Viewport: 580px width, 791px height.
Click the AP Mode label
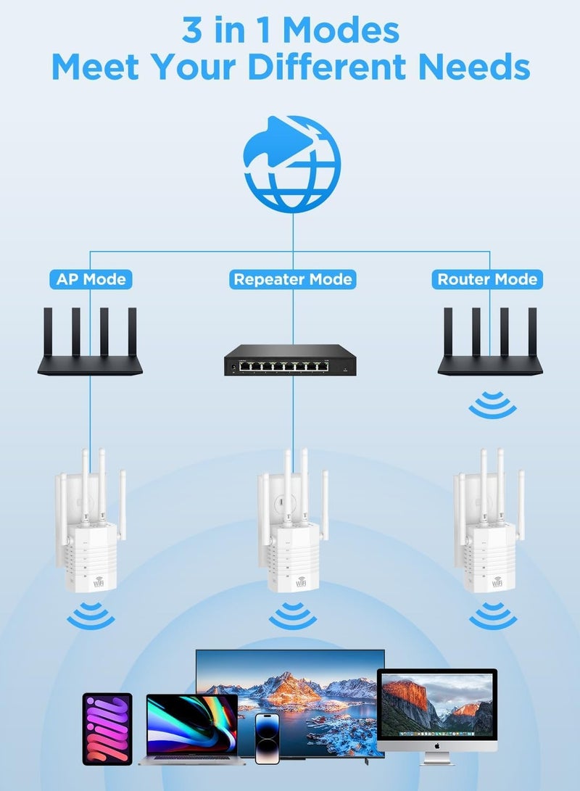pyautogui.click(x=91, y=279)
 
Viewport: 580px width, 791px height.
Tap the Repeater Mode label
pyautogui.click(x=293, y=279)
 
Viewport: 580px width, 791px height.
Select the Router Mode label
pyautogui.click(x=487, y=279)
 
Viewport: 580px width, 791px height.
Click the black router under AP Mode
pyautogui.click(x=90, y=348)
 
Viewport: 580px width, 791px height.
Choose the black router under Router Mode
pyautogui.click(x=490, y=348)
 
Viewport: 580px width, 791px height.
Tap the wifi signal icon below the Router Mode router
pyautogui.click(x=492, y=405)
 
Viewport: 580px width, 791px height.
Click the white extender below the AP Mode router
pyautogui.click(x=91, y=529)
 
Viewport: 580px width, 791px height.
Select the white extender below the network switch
pyautogui.click(x=293, y=529)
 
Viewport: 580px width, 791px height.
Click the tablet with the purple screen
pyautogui.click(x=107, y=729)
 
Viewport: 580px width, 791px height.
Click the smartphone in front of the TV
pyautogui.click(x=268, y=738)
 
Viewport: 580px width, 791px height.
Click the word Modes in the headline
pyautogui.click(x=341, y=30)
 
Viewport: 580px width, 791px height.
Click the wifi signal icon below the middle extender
pyautogui.click(x=293, y=616)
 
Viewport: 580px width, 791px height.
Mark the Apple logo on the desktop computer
pyautogui.click(x=437, y=745)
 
